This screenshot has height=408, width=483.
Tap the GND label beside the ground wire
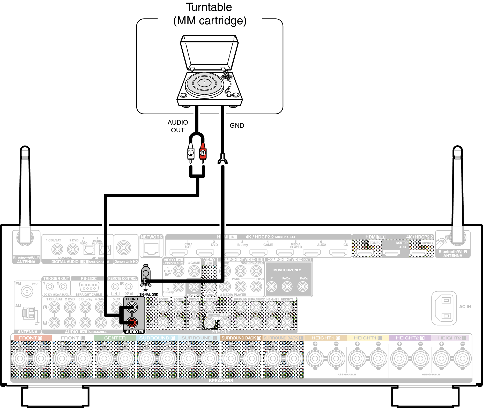pos(237,126)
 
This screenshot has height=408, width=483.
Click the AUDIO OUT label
pos(178,126)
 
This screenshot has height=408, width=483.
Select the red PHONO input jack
pos(132,322)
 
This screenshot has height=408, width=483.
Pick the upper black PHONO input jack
pos(132,307)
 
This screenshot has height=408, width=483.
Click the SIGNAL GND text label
pos(148,294)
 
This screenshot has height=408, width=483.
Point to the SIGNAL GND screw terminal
pos(146,281)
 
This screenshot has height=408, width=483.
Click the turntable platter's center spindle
pos(204,82)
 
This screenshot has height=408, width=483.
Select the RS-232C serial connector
pos(89,286)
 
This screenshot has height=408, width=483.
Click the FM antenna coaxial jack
pos(27,291)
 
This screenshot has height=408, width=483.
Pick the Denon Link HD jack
pos(124,248)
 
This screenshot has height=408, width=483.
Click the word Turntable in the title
pos(209,7)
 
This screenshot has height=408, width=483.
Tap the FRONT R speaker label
pos(31,338)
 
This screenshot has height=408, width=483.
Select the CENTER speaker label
pos(115,338)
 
